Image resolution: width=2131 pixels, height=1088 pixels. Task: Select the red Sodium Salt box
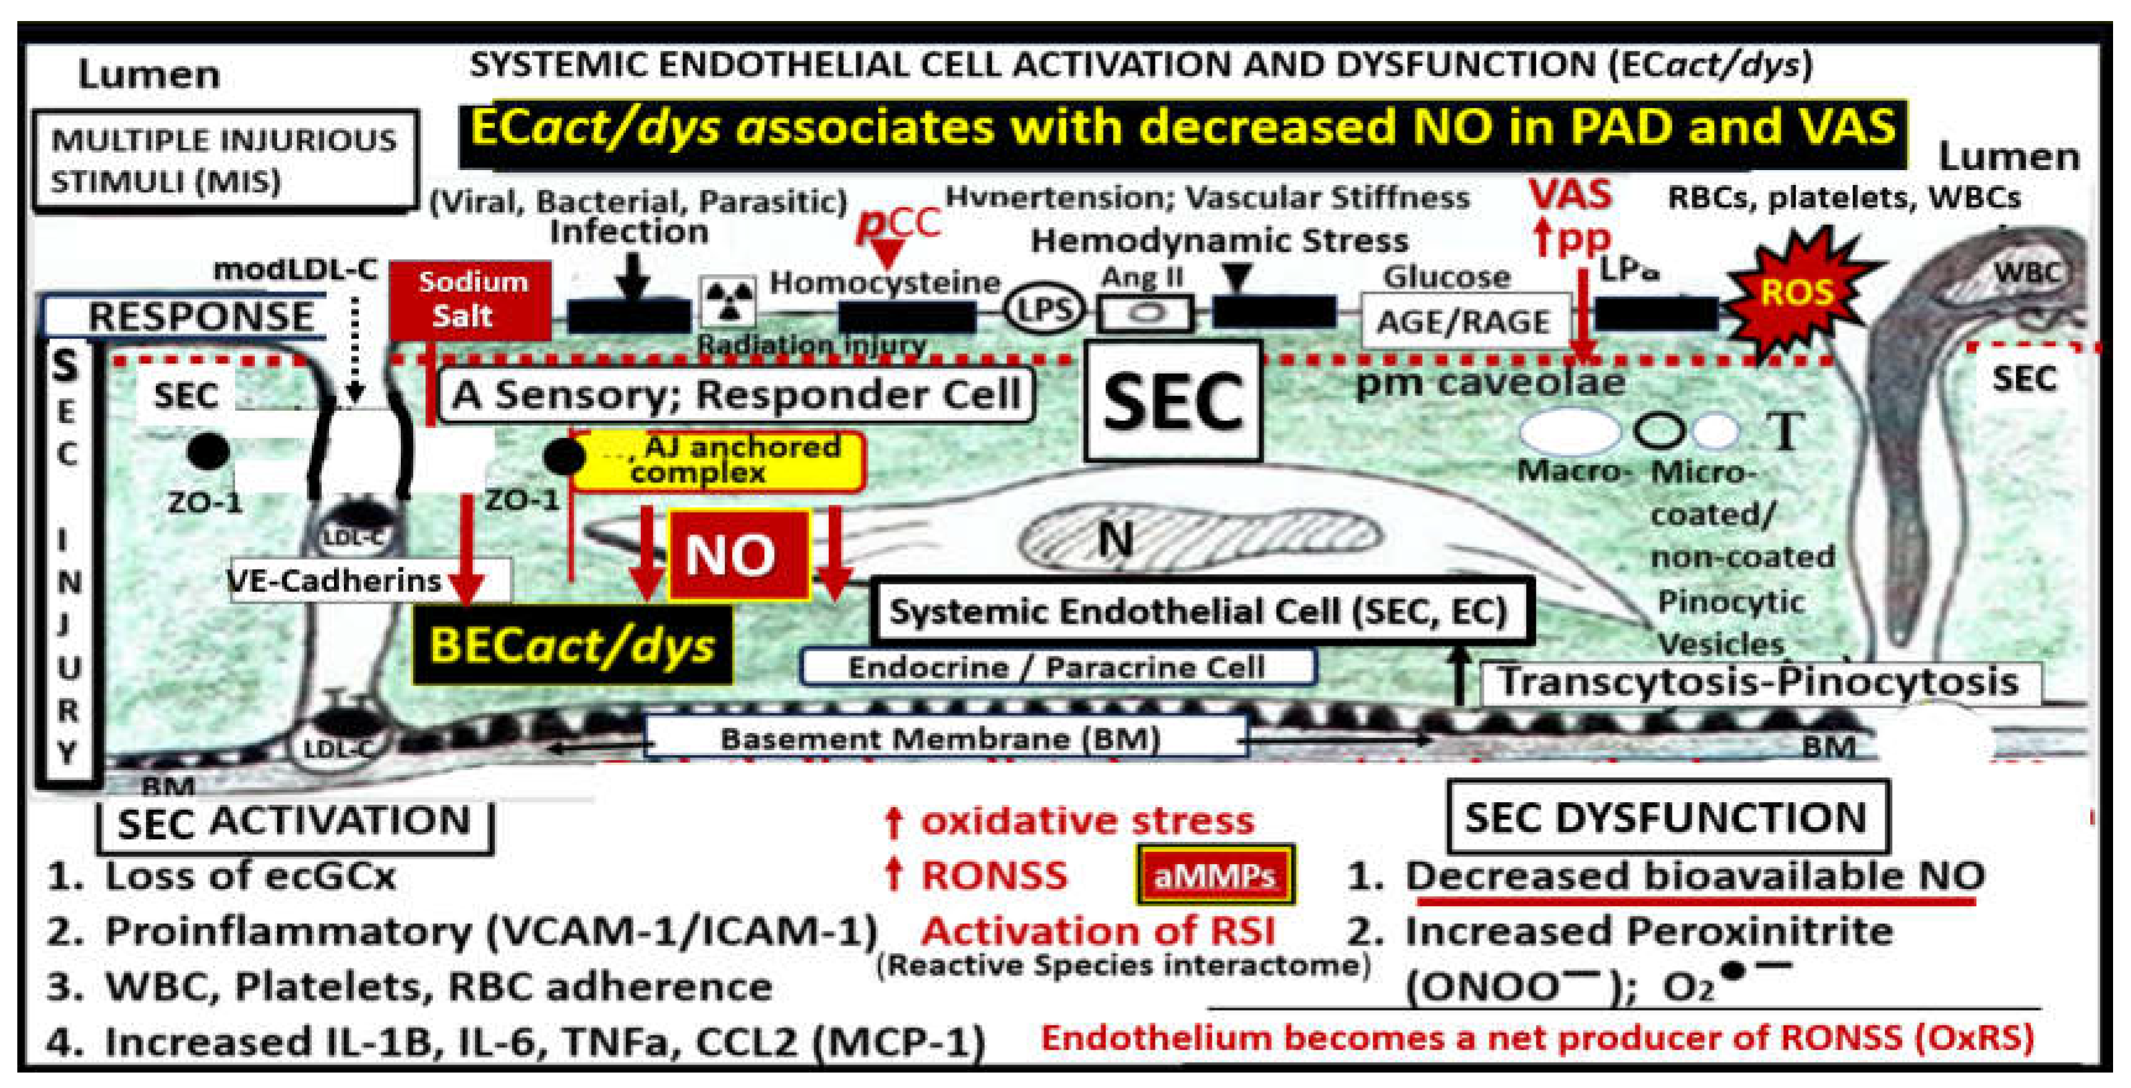[470, 299]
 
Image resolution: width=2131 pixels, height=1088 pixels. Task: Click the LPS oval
[1045, 311]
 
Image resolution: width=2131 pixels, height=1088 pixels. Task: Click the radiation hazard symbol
[728, 301]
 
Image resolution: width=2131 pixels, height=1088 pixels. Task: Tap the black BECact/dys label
[572, 645]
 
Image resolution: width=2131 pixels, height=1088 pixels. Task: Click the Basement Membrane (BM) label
[941, 738]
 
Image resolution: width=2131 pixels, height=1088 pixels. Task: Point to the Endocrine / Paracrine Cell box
[1057, 667]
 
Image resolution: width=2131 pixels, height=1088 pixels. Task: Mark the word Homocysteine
[885, 283]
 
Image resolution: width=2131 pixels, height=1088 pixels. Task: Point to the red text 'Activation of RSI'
[1099, 931]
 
